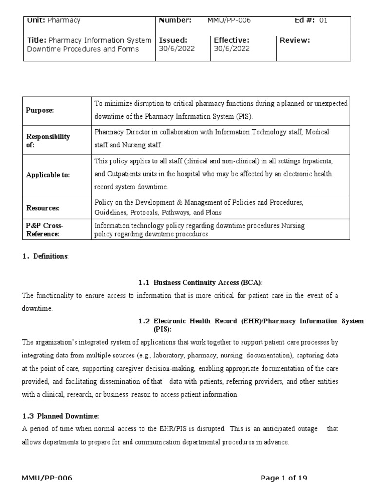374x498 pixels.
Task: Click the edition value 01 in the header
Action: tap(323, 20)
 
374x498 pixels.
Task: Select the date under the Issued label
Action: tap(173, 49)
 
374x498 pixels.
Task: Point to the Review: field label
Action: tap(295, 40)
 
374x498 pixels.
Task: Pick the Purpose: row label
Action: tap(39, 110)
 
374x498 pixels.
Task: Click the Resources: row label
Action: tap(42, 208)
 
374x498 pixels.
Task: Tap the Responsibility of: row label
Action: tap(48, 141)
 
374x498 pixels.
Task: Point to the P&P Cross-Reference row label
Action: tap(44, 230)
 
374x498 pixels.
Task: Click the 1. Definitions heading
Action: tap(45, 256)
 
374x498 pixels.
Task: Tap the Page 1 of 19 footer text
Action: tap(284, 478)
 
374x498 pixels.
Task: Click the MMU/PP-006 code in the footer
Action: tap(47, 478)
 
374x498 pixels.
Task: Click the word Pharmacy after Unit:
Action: tap(64, 20)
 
